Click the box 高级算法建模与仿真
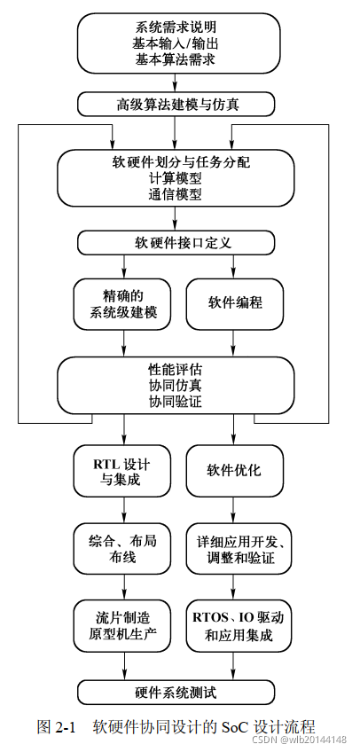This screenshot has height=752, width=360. (x=176, y=104)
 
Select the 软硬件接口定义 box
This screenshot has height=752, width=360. (x=176, y=242)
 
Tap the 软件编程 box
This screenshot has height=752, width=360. (x=234, y=304)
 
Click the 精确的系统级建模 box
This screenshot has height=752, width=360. (x=123, y=304)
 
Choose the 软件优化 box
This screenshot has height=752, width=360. (x=234, y=470)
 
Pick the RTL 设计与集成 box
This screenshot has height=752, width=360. (x=123, y=470)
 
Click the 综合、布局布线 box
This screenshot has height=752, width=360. (x=123, y=549)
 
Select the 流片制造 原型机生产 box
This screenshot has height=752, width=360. (x=123, y=626)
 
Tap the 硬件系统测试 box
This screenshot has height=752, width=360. (x=176, y=692)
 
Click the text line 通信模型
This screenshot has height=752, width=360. (x=176, y=194)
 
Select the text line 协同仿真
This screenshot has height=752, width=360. (x=176, y=385)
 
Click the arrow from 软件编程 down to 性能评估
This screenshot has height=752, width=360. (x=234, y=344)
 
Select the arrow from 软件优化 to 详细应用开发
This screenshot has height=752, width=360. (x=234, y=510)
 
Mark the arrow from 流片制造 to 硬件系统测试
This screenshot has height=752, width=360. (x=123, y=666)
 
